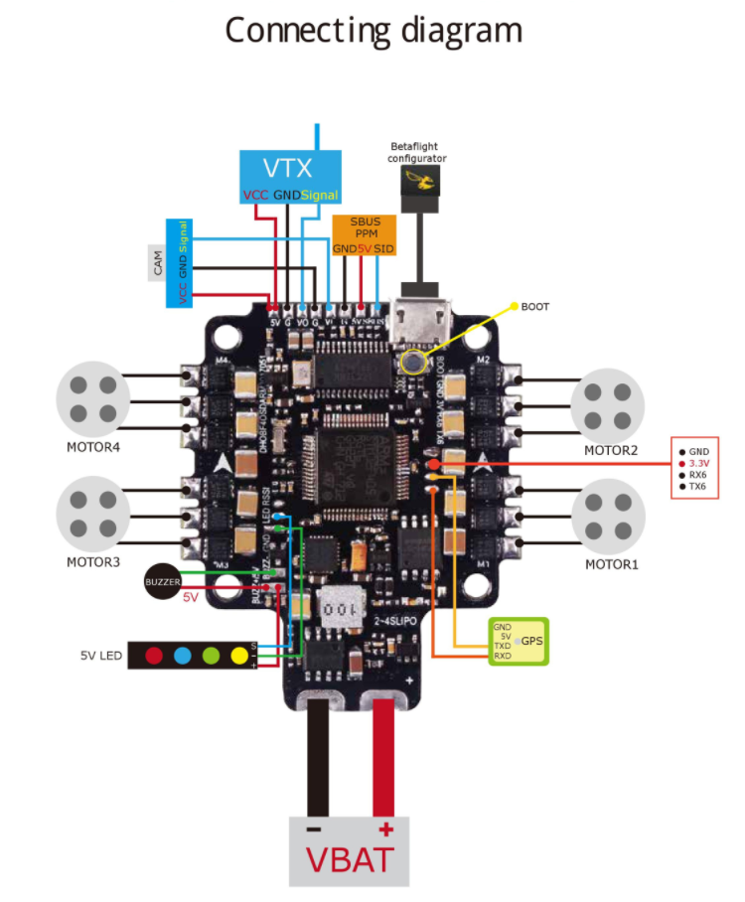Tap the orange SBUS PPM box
364,234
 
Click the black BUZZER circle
162,580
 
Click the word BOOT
535,307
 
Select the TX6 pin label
697,487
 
